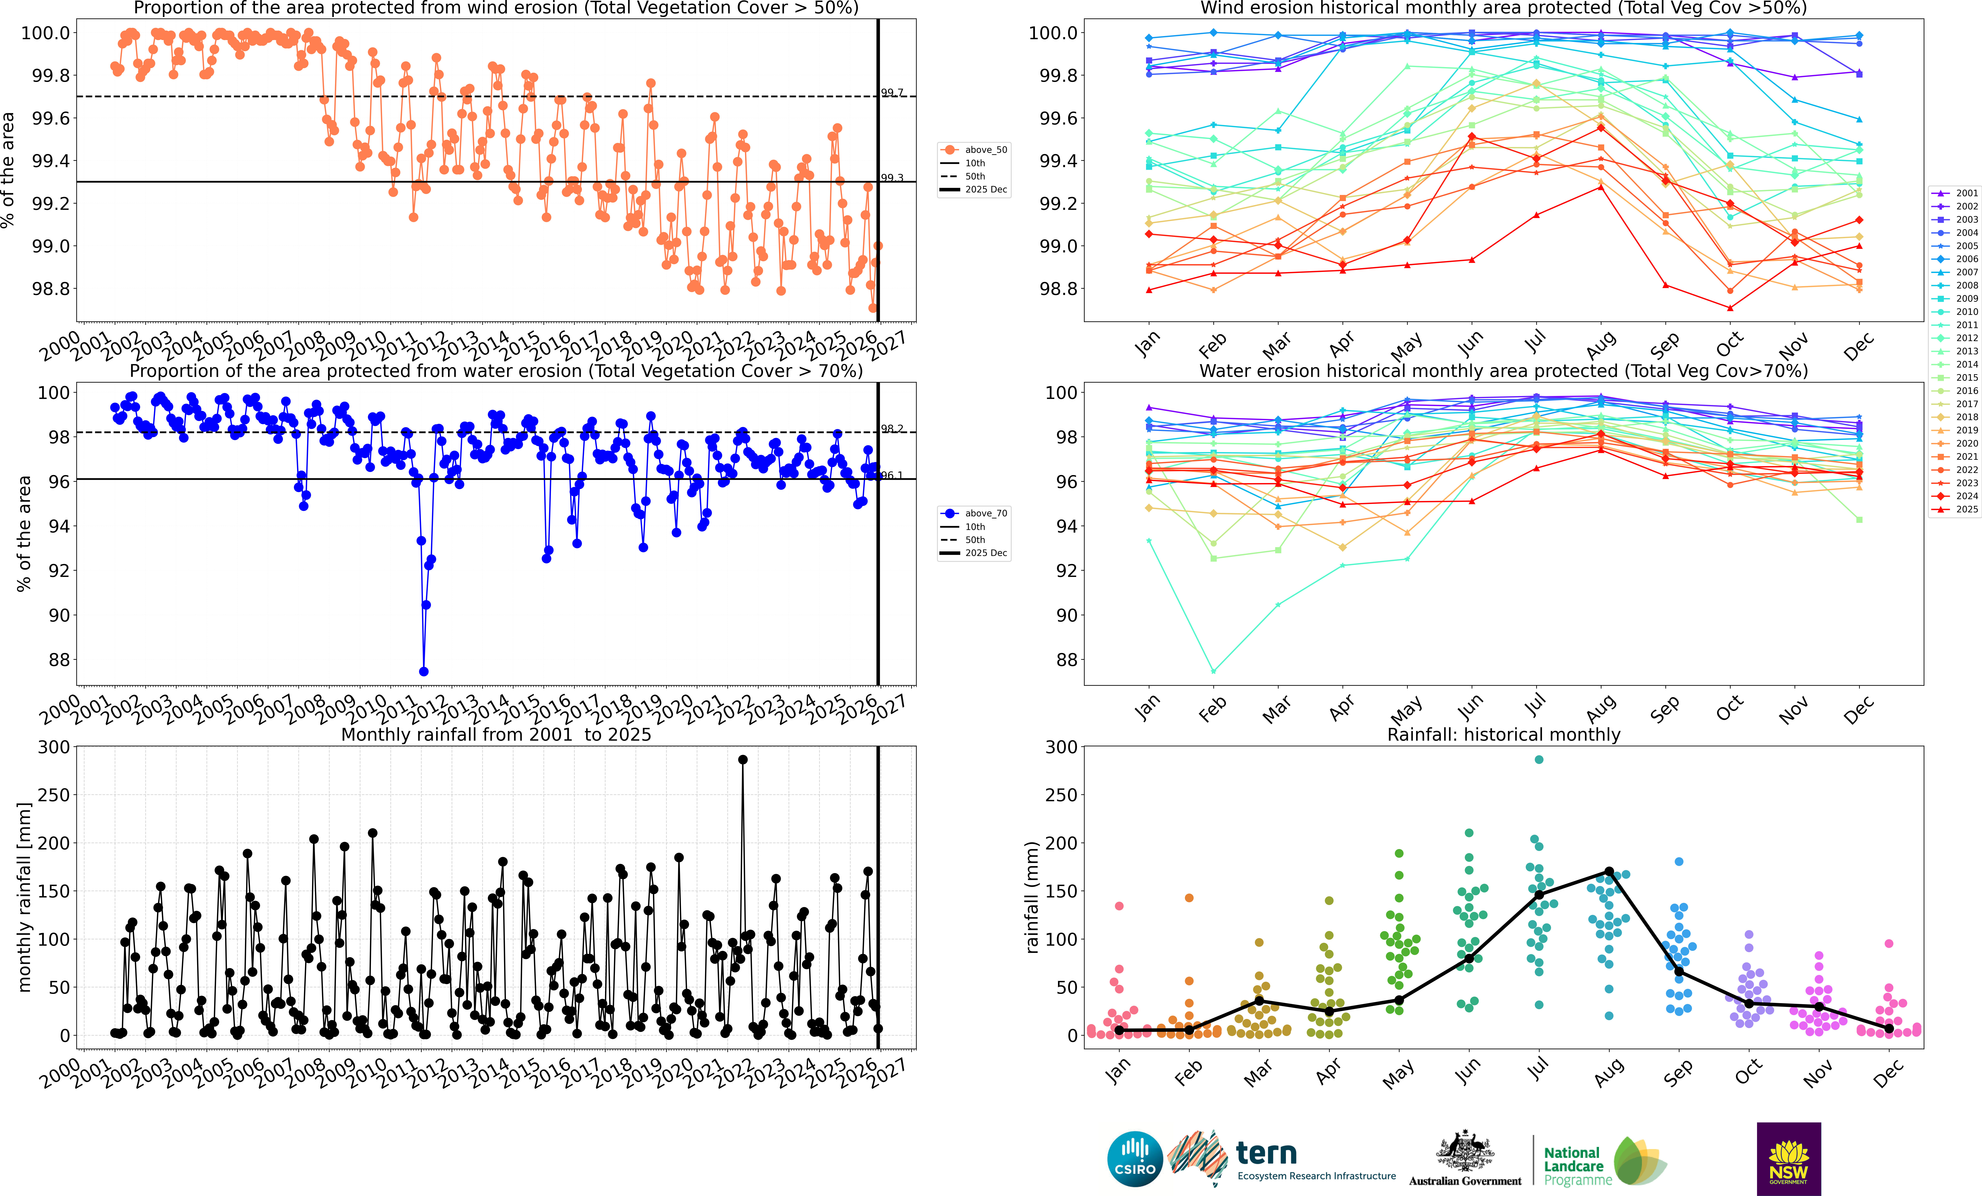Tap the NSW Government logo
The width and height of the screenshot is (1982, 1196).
(1788, 1159)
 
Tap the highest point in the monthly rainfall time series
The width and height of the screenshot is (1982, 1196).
(742, 759)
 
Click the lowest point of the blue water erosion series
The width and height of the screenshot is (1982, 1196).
(424, 672)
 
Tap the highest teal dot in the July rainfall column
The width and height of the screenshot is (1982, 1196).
(1539, 759)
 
